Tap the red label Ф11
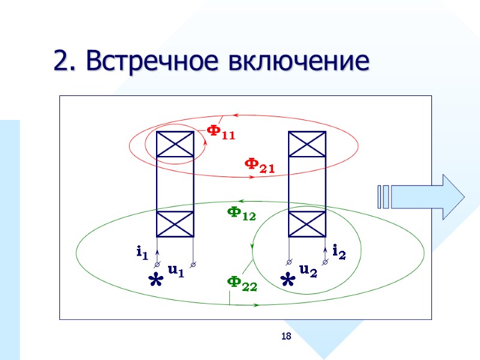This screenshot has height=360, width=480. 220,132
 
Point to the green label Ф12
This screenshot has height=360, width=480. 241,214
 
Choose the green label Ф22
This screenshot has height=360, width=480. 242,283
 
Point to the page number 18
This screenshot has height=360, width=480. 286,337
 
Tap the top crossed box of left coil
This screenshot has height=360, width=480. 175,145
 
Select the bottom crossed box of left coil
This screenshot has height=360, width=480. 175,224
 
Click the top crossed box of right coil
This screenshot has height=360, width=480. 307,145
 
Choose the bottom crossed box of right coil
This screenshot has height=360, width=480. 307,224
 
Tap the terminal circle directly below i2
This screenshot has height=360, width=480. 326,263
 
